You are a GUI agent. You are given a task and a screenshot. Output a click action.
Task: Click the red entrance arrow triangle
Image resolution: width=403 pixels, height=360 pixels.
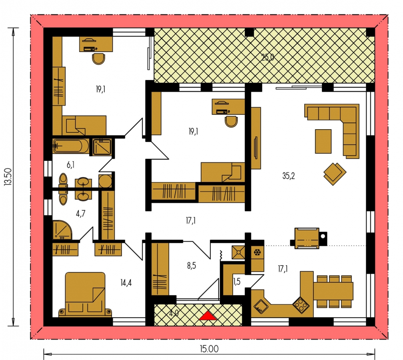tap(207, 316)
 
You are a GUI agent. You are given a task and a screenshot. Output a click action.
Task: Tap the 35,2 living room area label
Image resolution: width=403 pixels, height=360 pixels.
tap(288, 176)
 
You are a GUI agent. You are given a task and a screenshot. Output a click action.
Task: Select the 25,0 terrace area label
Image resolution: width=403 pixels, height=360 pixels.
tap(267, 57)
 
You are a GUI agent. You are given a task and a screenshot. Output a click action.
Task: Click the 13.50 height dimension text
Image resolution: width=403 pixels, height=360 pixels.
tap(8, 176)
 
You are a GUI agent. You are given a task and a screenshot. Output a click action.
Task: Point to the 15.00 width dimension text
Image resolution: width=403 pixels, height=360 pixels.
tap(209, 349)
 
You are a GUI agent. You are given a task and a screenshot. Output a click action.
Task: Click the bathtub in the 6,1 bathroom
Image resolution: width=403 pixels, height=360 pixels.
tap(71, 146)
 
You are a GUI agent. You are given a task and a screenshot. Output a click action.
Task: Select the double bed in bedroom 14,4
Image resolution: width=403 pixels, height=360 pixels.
tap(85, 294)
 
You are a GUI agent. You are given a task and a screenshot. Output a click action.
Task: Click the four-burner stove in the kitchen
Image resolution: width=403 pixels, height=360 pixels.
tap(301, 305)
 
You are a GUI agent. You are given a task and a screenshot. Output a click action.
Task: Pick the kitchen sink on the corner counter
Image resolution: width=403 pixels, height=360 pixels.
tap(261, 306)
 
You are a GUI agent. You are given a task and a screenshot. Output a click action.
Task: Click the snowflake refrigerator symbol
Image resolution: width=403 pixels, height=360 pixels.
tap(257, 252)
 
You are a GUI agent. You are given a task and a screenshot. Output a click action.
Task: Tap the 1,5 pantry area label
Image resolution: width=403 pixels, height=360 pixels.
tap(237, 282)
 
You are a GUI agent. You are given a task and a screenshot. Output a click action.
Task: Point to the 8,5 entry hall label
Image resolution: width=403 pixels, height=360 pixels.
tap(192, 265)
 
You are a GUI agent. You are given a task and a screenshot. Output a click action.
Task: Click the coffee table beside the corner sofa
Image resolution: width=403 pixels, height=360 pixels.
tap(323, 141)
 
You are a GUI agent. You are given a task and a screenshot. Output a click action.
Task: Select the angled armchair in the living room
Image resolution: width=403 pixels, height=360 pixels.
tap(335, 174)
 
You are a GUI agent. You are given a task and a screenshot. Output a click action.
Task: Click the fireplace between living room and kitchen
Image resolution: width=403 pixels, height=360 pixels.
tap(308, 238)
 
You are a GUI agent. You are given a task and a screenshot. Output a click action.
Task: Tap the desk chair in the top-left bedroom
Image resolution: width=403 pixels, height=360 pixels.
tap(98, 59)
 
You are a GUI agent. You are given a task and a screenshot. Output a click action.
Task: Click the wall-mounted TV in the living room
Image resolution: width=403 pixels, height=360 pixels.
tap(255, 148)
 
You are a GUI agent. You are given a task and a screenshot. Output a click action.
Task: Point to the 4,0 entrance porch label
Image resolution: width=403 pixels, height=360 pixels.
tap(174, 314)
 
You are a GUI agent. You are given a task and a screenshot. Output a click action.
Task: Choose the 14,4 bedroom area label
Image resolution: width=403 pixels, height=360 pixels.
tap(126, 283)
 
